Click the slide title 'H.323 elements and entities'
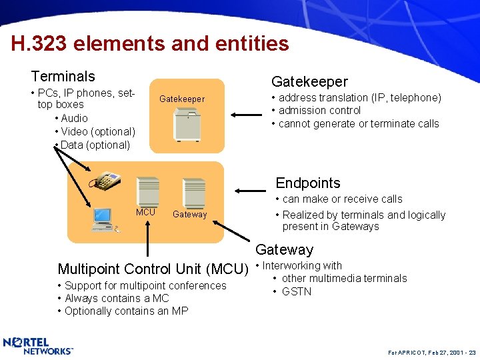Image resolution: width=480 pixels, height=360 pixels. click(150, 44)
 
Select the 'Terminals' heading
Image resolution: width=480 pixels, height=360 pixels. click(63, 77)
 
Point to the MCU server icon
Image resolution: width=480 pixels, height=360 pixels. click(147, 192)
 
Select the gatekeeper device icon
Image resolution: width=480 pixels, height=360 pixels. click(186, 124)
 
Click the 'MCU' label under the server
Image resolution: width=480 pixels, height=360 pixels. click(145, 213)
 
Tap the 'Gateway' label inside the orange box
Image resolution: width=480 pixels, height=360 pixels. click(189, 215)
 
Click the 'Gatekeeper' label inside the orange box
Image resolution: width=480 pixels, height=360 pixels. click(182, 99)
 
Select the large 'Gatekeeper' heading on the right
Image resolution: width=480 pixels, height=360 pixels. click(309, 81)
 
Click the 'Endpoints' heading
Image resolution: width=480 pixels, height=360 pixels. click(308, 183)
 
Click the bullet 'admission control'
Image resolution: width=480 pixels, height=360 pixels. click(319, 111)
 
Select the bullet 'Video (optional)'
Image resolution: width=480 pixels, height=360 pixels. click(97, 131)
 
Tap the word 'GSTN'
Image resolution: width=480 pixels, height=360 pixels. click(297, 291)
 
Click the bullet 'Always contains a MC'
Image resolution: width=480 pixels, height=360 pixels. click(117, 298)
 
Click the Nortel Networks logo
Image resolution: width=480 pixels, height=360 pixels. click(38, 345)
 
